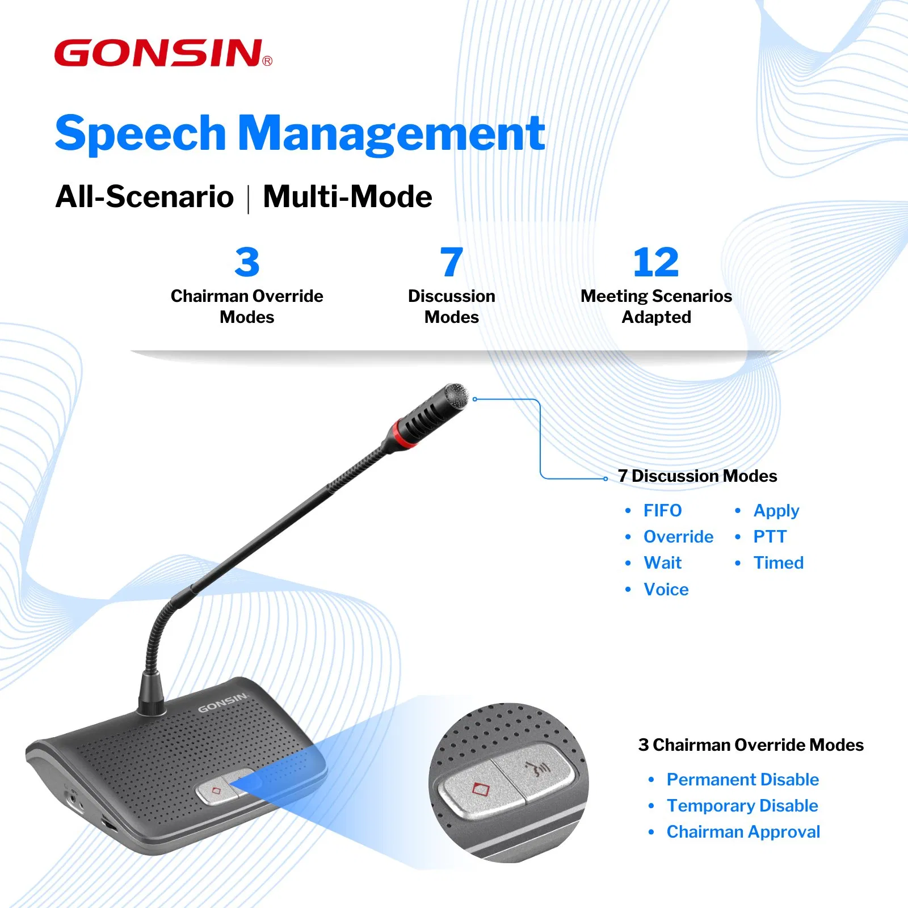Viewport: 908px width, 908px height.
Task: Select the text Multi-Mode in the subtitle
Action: coord(347,197)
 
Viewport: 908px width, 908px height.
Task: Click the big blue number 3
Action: coord(247,262)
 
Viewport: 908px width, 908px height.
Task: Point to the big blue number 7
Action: coord(451,262)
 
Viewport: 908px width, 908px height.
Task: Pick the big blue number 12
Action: coord(656,262)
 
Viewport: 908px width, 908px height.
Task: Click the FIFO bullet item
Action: coord(662,511)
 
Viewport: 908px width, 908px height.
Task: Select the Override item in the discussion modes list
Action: coord(678,537)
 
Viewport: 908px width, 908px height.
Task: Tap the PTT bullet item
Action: coord(770,537)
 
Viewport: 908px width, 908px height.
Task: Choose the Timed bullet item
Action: coord(778,563)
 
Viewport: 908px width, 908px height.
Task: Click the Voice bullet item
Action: coord(666,590)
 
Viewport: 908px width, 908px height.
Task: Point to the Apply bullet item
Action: coord(776,511)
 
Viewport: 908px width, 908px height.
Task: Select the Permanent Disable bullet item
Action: coord(742,780)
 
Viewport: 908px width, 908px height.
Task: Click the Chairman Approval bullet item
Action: coord(743,832)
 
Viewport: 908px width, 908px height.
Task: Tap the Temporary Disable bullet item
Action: coord(742,806)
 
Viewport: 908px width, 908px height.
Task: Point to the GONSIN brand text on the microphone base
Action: coord(222,703)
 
